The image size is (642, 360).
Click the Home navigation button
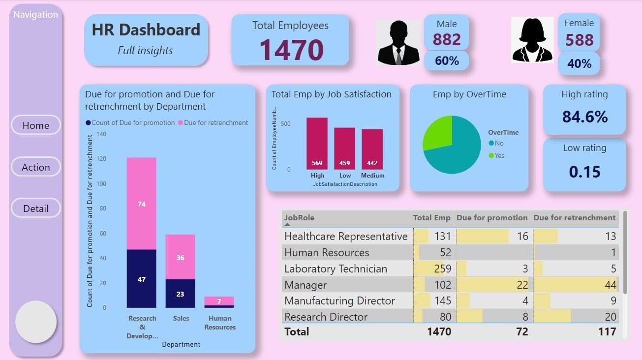tap(35, 125)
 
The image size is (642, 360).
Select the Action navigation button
tap(35, 167)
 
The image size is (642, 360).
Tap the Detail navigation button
tap(35, 209)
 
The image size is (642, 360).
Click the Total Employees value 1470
tap(291, 50)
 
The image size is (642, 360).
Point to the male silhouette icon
tap(398, 42)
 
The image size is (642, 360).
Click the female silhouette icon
tap(532, 40)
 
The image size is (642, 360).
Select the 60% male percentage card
tap(447, 61)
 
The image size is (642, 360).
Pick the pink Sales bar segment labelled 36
tap(180, 257)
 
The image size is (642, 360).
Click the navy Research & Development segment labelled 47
tap(142, 278)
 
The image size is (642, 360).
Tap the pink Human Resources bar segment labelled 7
tap(219, 301)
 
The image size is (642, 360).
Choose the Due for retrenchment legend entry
tap(213, 123)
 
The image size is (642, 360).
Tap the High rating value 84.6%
tap(584, 117)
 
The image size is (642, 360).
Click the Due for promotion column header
tap(492, 218)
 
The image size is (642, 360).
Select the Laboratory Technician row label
tap(336, 269)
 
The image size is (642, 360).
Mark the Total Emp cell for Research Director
tap(433, 317)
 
